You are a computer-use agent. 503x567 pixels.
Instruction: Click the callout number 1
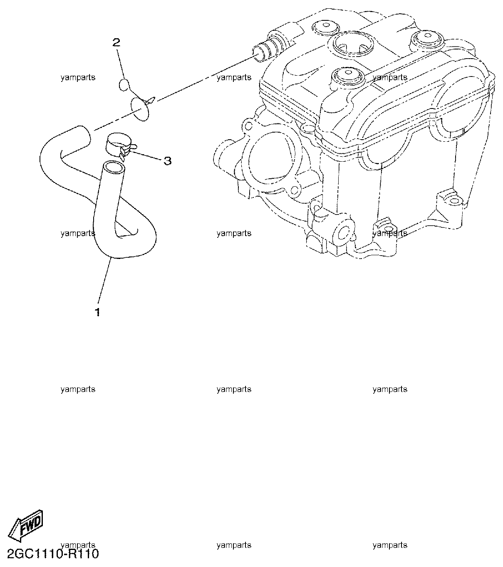[x=97, y=312]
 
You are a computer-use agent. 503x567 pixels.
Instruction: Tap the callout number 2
[x=116, y=42]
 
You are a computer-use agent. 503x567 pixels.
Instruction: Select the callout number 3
[x=168, y=160]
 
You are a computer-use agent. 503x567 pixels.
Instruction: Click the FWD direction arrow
[x=25, y=526]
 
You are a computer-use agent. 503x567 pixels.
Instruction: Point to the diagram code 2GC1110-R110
[x=53, y=554]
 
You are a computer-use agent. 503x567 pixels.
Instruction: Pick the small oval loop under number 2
[x=124, y=85]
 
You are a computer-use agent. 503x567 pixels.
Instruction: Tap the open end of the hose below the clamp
[x=114, y=168]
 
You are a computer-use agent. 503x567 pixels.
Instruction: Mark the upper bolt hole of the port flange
[x=248, y=126]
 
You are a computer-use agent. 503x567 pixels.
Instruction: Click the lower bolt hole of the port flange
[x=294, y=191]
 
